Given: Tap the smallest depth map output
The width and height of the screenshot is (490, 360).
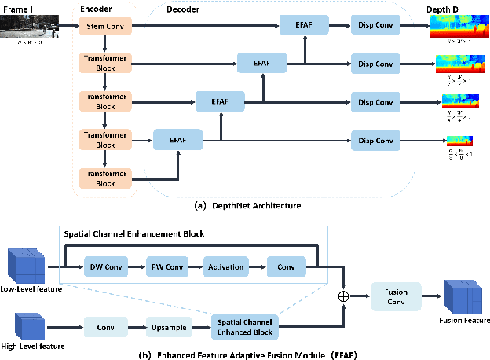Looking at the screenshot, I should pyautogui.click(x=459, y=141).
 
